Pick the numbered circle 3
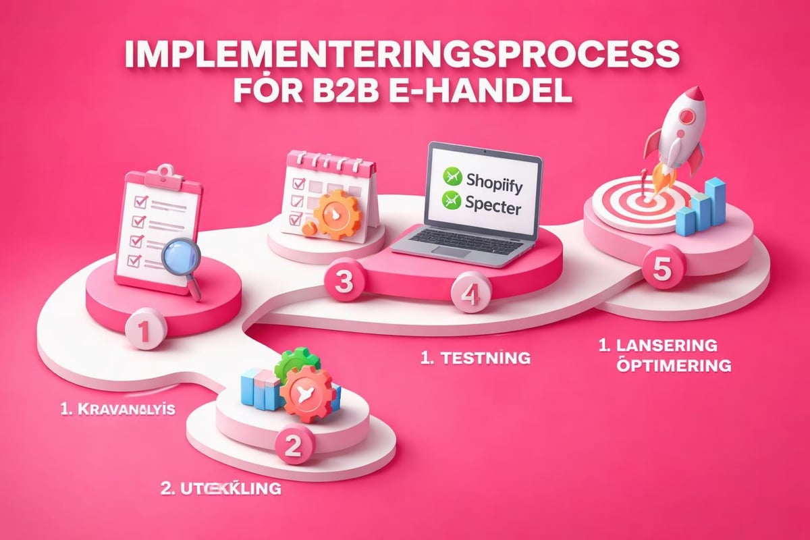click(344, 282)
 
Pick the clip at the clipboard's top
click(157, 171)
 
